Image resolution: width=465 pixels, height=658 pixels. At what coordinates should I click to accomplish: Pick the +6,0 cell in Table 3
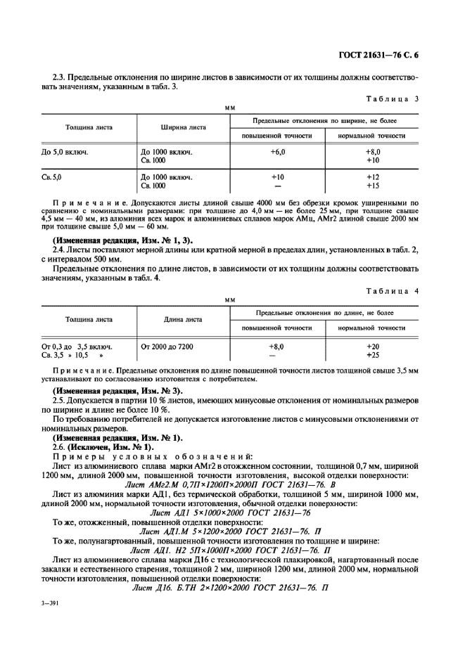[277, 151]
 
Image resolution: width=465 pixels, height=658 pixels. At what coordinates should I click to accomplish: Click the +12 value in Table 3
[373, 177]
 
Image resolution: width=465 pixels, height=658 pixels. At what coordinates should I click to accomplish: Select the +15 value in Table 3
[373, 186]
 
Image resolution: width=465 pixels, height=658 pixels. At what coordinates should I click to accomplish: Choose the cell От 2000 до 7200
[167, 347]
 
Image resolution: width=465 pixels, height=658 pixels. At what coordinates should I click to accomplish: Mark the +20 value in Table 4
[373, 347]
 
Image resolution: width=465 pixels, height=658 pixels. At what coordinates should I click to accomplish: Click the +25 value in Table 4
[373, 355]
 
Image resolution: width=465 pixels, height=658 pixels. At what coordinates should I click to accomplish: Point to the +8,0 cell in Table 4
[277, 347]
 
